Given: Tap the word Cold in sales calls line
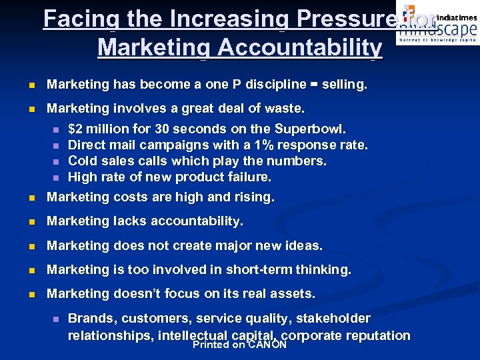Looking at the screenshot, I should [83, 161].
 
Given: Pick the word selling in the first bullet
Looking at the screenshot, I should [345, 85].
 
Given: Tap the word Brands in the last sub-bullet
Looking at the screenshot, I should [91, 319].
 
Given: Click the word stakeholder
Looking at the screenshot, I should [333, 319].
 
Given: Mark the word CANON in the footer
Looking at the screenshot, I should [267, 345].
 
